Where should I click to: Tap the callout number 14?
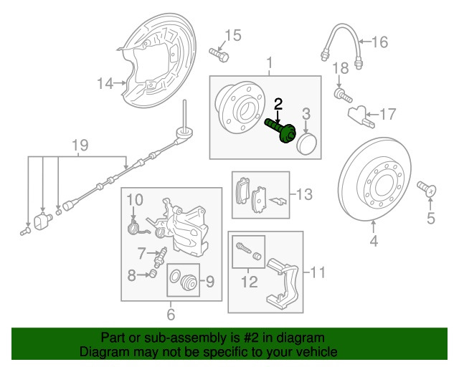click(x=105, y=84)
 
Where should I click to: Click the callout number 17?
click(x=387, y=113)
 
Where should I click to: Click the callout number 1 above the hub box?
click(x=270, y=64)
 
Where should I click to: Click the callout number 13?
click(x=306, y=194)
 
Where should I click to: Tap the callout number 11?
click(x=318, y=272)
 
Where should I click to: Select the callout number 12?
click(x=249, y=282)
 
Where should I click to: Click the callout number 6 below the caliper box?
click(x=171, y=314)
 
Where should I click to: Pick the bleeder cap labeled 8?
click(x=151, y=274)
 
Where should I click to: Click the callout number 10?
click(x=136, y=198)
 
